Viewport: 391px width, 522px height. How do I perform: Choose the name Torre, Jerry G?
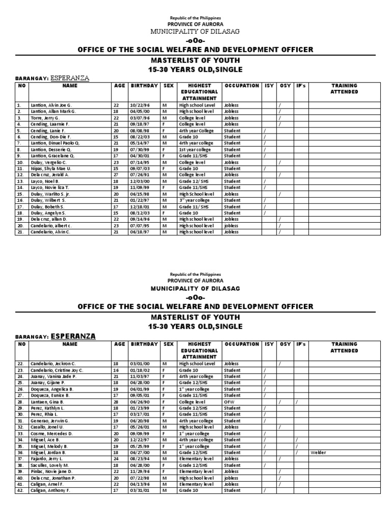coord(45,118)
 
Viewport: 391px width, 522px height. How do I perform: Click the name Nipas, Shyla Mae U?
coord(51,168)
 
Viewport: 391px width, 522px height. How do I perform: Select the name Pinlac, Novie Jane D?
coord(51,472)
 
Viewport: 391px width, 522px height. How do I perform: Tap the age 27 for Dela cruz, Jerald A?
coord(116,174)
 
